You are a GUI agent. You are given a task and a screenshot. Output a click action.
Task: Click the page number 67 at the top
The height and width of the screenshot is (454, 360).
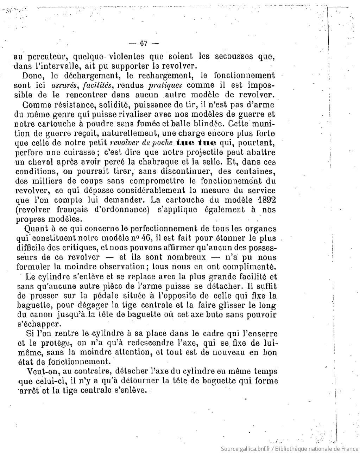point(143,44)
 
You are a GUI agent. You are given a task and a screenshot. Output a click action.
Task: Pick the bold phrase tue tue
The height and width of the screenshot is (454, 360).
point(196,143)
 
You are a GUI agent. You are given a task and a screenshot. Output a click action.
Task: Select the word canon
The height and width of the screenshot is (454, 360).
point(43,315)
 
